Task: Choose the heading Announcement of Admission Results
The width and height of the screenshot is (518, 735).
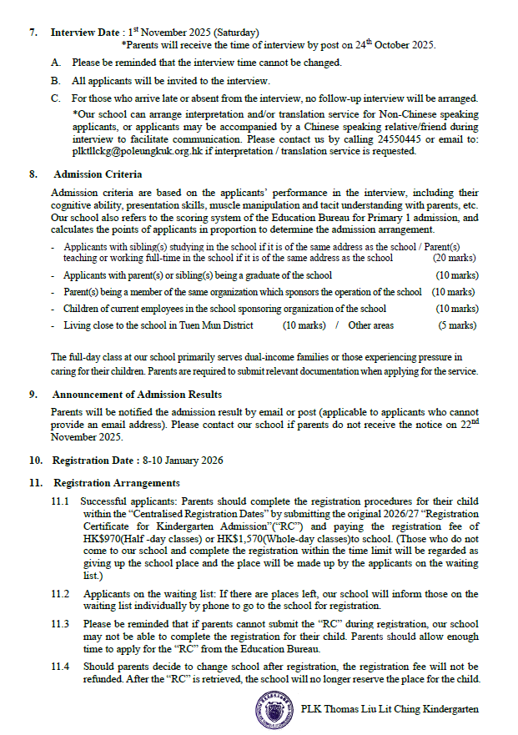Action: (x=137, y=394)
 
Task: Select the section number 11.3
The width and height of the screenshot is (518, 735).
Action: (x=60, y=623)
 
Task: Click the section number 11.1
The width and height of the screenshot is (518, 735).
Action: (x=60, y=501)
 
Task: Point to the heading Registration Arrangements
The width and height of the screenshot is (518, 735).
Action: (x=116, y=483)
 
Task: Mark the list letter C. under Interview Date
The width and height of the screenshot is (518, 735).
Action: (x=56, y=98)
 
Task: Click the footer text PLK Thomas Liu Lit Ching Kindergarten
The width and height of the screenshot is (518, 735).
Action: (x=390, y=708)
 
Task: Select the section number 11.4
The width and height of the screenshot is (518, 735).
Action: (x=60, y=666)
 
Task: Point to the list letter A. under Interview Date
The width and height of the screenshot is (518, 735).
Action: (x=56, y=63)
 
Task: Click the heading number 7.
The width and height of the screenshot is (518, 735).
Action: (x=33, y=33)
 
